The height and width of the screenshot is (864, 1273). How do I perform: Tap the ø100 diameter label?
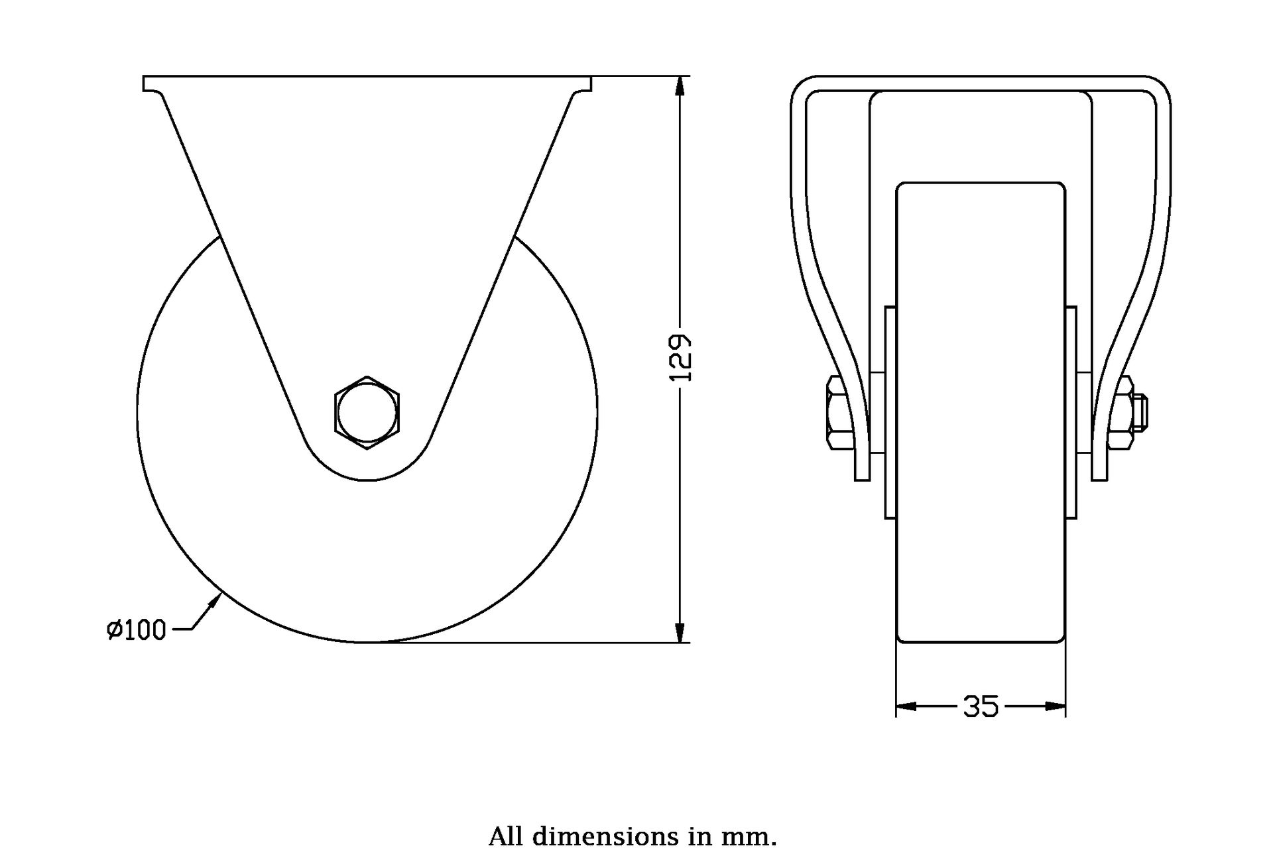point(135,630)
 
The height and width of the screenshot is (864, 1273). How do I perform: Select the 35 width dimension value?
point(981,706)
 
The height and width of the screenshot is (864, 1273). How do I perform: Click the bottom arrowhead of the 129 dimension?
point(680,631)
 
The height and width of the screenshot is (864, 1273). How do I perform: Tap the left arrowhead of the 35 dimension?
point(907,706)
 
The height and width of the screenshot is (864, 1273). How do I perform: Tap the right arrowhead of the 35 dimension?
point(1055,706)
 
